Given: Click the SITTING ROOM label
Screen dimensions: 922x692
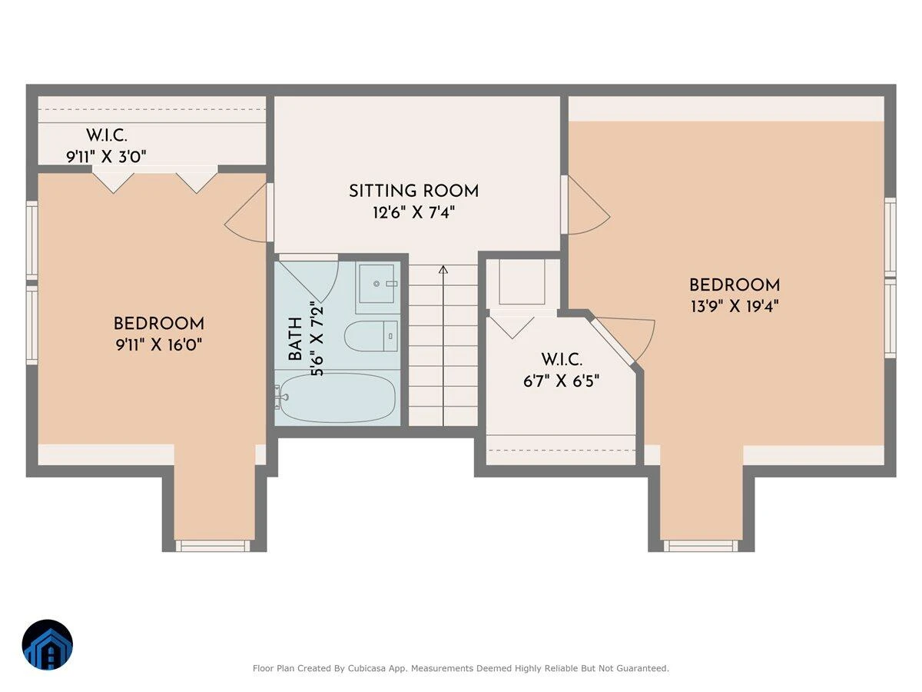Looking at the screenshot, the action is point(413,191).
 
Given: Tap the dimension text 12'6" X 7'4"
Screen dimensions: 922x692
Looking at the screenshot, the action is point(413,213).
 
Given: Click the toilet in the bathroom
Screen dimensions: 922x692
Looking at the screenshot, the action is point(371,336).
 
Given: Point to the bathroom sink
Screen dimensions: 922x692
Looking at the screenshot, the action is point(376,284).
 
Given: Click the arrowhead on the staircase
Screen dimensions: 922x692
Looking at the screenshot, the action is point(443,269).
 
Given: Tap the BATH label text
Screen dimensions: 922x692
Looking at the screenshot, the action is point(296,338).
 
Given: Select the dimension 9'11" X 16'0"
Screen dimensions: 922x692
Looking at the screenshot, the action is point(159,345).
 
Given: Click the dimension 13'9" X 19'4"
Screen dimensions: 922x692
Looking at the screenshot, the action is point(735,307).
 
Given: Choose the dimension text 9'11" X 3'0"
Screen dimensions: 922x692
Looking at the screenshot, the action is point(106,157).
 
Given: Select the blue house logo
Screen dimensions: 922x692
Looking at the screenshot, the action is point(48,644).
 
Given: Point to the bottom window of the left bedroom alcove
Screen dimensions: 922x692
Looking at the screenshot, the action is point(213,546).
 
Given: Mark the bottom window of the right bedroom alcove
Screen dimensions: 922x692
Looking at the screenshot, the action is point(701,546).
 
